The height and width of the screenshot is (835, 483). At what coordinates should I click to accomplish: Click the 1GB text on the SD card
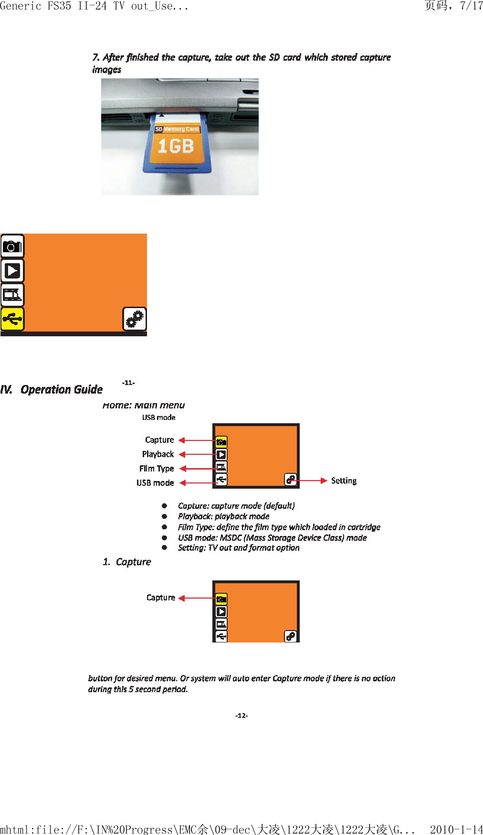coord(176,146)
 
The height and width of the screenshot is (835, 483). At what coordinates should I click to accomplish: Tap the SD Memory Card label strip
coord(177,129)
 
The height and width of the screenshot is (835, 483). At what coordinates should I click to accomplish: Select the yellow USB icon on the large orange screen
coord(12,319)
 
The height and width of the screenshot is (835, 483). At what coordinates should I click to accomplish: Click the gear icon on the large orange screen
coord(135,319)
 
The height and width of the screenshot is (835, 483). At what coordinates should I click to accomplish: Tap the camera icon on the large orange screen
coord(12,246)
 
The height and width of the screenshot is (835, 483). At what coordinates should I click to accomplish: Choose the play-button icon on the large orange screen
coord(12,271)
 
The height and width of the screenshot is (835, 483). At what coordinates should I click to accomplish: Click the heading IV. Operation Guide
coord(52,390)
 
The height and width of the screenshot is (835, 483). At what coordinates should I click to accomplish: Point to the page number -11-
coord(128,383)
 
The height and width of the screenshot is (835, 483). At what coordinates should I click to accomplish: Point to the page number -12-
coord(241,716)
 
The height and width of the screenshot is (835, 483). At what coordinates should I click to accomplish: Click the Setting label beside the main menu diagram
coord(344,481)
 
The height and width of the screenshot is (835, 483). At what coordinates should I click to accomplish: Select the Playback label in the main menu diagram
coord(157,454)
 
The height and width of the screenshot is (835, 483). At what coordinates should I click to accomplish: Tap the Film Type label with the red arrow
coord(157,469)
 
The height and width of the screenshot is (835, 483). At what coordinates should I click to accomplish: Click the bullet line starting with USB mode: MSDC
coord(272,538)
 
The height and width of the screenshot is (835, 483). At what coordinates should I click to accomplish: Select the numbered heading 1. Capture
coord(127,562)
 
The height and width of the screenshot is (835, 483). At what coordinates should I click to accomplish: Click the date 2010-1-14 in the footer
coord(456,829)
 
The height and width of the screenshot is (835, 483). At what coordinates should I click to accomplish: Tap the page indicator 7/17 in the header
coord(471,6)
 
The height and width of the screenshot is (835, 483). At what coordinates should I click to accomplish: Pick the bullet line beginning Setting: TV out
coord(239,548)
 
